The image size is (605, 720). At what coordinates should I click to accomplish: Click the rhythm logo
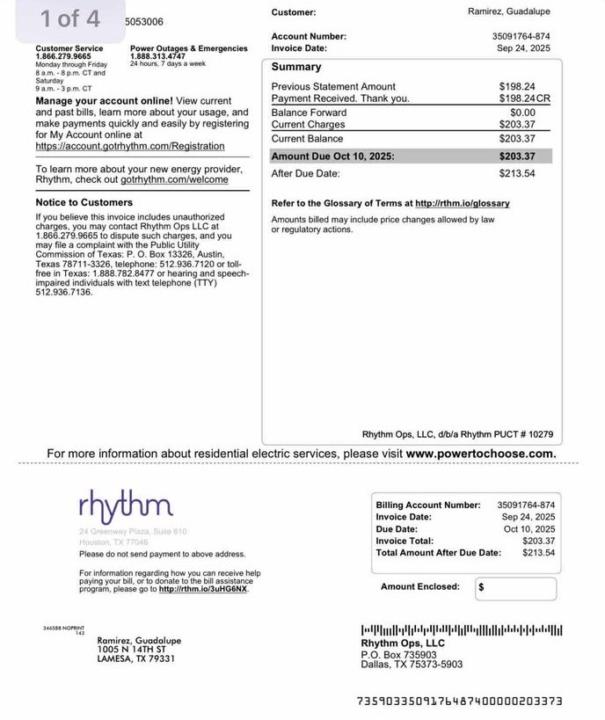coord(126,506)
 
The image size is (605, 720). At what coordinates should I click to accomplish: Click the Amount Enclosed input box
coord(515,588)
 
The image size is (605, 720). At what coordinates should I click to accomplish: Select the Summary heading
coord(297,67)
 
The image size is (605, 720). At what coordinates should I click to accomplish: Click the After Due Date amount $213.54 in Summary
coord(517,173)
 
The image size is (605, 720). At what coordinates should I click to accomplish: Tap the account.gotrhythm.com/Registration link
coord(130,146)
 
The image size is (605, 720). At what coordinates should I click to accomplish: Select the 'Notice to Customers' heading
coord(84,203)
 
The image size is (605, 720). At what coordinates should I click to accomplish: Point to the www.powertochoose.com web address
coord(480,454)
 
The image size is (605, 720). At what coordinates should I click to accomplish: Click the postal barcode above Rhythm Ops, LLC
coord(461,630)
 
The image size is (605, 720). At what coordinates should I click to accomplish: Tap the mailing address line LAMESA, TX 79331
coord(136,660)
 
